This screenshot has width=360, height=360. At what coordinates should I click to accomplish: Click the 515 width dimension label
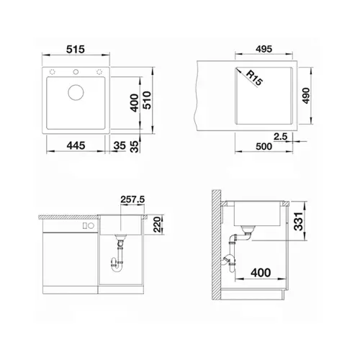[x=76, y=50]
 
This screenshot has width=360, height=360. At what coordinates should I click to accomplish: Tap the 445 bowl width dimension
[x=76, y=145]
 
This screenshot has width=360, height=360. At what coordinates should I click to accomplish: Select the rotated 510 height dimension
[x=147, y=100]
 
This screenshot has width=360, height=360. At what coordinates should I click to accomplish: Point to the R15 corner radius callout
[x=254, y=78]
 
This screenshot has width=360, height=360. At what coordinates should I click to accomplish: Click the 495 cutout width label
[x=264, y=49]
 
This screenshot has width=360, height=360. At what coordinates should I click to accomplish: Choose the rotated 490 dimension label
[x=306, y=96]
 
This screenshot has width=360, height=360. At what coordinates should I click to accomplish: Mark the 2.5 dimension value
[x=280, y=137]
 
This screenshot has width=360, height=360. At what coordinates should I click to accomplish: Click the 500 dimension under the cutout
[x=264, y=146]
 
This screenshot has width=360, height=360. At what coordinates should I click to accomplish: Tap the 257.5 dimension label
[x=132, y=199]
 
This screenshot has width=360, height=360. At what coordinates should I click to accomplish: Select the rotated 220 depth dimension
[x=157, y=224]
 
